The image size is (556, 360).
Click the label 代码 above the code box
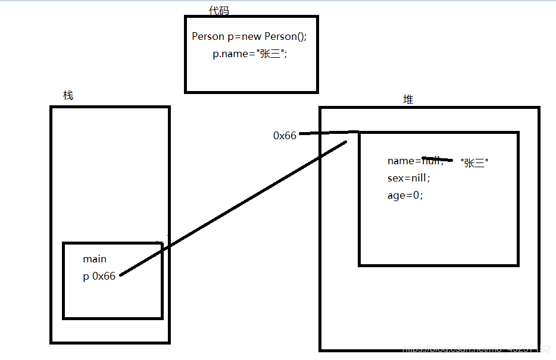218,11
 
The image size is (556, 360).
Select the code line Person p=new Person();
249,36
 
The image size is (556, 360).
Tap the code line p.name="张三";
250,54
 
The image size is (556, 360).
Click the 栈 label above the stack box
68,95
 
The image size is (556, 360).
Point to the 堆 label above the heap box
408,99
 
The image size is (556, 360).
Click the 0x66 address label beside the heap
285,136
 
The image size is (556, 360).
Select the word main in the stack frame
95,259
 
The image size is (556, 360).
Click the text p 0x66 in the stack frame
99,277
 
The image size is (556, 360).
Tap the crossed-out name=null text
415,161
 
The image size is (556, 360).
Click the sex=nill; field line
408,178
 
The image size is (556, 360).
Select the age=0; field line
405,195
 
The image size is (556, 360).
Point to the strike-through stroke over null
438,159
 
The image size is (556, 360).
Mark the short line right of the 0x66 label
328,133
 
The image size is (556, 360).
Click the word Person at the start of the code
208,36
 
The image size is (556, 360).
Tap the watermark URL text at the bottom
476,349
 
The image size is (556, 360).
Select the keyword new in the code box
252,36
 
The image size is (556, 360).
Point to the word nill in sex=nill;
417,178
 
